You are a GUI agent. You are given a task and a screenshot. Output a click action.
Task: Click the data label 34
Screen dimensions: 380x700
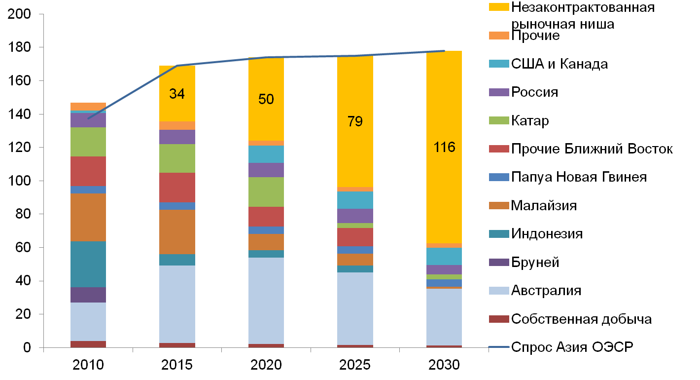[176, 94]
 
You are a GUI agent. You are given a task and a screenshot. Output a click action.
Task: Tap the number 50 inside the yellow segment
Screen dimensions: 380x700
[266, 99]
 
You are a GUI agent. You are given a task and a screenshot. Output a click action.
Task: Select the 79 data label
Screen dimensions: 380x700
[355, 121]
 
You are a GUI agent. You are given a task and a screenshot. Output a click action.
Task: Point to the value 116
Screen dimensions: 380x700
[444, 147]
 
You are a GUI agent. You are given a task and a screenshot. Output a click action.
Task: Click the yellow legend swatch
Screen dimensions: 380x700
[499, 7]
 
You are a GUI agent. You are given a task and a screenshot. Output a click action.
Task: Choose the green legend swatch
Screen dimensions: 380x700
[499, 120]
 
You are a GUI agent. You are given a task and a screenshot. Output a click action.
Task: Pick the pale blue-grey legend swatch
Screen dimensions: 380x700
[499, 291]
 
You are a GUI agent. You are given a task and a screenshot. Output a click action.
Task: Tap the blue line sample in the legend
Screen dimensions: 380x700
[499, 347]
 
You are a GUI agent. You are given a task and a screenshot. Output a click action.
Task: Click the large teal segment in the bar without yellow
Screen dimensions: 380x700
[88, 264]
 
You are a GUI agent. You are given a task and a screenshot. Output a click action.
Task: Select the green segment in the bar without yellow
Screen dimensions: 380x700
[88, 142]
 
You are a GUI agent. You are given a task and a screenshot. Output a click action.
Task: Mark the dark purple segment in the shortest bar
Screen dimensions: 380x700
[88, 295]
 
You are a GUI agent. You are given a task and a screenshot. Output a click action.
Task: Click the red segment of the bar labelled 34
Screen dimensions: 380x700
[177, 187]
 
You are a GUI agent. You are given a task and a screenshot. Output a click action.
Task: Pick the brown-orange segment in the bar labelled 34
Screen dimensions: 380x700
[177, 232]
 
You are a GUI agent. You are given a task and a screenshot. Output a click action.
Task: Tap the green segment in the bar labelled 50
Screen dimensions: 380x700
[266, 192]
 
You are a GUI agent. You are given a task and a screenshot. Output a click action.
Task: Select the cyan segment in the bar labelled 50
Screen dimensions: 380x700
[266, 154]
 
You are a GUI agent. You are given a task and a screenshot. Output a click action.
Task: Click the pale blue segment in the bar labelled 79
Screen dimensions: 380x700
[355, 308]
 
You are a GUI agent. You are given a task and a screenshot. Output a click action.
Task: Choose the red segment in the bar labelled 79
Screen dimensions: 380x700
[355, 237]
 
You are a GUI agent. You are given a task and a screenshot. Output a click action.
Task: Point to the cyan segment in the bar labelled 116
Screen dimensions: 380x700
[444, 256]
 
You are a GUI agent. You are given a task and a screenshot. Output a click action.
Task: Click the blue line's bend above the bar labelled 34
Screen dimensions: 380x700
[177, 65]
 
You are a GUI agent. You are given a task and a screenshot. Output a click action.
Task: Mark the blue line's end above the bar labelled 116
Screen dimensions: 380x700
[444, 51]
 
